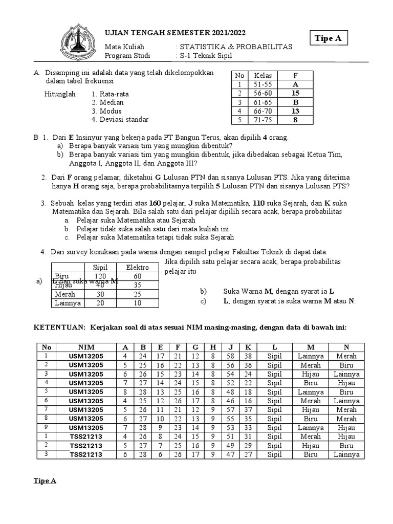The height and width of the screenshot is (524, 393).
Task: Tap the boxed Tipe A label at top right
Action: [331, 38]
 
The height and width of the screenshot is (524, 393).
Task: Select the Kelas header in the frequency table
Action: [263, 75]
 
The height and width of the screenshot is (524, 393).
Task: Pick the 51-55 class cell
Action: [263, 84]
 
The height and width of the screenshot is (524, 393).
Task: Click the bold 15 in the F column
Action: [295, 93]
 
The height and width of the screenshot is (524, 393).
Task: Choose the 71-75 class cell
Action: [263, 120]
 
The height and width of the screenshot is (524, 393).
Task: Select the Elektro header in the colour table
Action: [137, 268]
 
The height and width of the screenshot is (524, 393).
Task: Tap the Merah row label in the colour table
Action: [64, 294]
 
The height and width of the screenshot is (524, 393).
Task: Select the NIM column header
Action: [86, 347]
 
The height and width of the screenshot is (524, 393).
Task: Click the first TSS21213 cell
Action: [86, 436]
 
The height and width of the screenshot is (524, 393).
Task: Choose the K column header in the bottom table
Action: [247, 347]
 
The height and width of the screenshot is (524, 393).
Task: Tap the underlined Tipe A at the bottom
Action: [45, 481]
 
